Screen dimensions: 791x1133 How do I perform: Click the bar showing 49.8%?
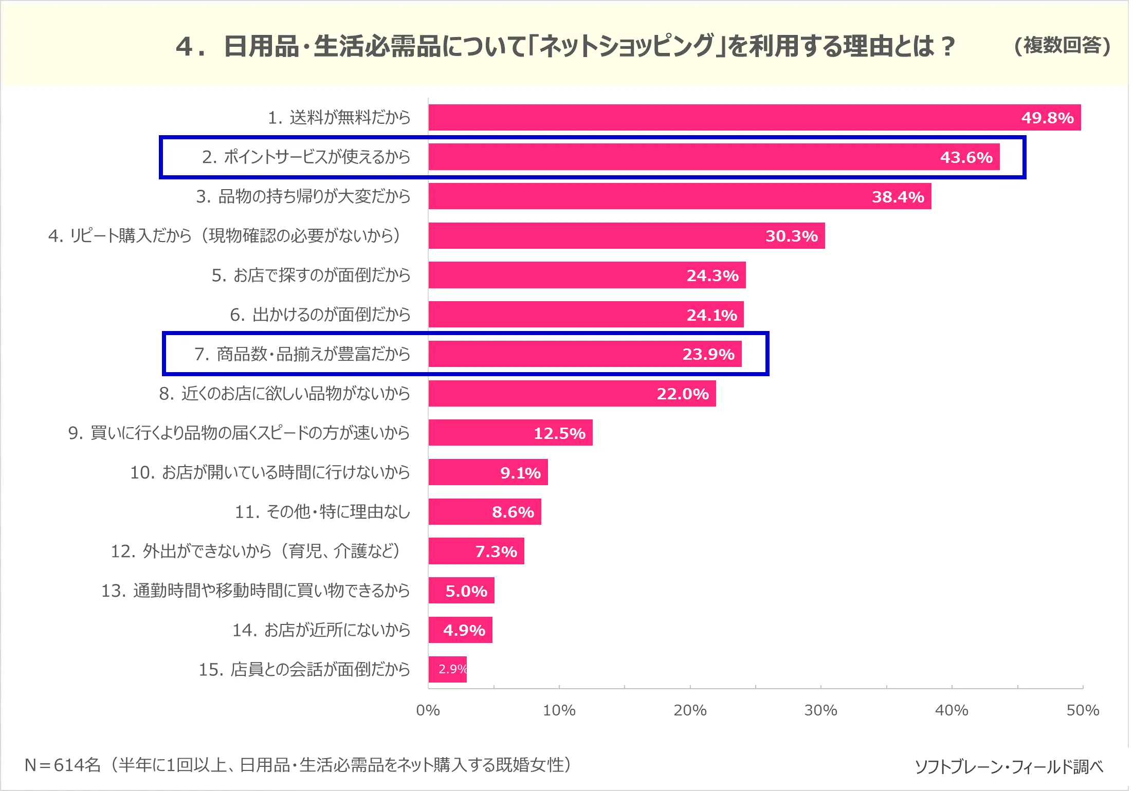click(x=720, y=118)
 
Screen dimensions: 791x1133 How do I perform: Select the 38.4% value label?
click(x=898, y=197)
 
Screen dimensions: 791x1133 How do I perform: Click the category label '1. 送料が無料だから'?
click(x=339, y=118)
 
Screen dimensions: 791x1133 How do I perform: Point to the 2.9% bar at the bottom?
click(x=447, y=669)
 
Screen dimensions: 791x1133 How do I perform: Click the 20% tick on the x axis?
click(x=690, y=710)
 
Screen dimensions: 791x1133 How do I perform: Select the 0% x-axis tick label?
click(x=428, y=710)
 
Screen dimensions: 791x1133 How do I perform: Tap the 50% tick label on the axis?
click(x=1083, y=710)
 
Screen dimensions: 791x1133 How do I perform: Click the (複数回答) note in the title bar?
click(x=1062, y=46)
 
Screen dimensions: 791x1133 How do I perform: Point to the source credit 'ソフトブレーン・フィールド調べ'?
click(x=1009, y=766)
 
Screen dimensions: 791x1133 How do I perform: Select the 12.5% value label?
click(x=559, y=433)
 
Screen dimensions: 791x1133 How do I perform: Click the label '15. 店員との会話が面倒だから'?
click(x=304, y=669)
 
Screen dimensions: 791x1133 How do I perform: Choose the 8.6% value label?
click(x=513, y=512)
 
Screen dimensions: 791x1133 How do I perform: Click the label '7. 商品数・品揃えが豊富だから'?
click(x=302, y=354)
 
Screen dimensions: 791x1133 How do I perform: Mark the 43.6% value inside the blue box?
click(x=966, y=157)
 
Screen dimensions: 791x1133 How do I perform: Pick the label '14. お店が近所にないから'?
click(x=321, y=630)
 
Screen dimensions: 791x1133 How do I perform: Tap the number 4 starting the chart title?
click(x=184, y=47)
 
